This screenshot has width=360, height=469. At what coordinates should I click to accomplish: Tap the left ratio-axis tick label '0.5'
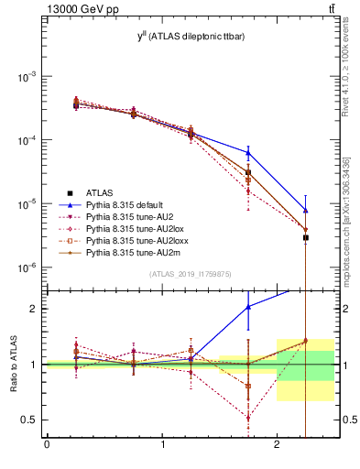30,420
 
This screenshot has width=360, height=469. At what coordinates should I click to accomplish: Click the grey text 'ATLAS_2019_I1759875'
190,274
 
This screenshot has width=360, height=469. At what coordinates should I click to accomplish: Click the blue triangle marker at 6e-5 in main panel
248,152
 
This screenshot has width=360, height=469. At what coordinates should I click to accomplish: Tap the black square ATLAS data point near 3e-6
306,237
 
